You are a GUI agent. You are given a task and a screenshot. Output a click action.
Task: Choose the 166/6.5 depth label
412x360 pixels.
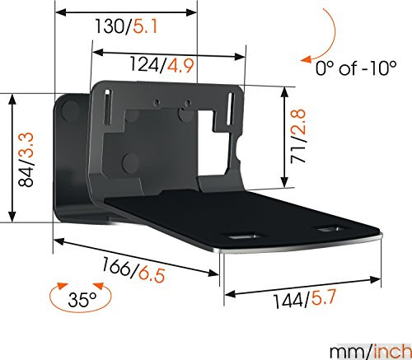[x=136, y=269]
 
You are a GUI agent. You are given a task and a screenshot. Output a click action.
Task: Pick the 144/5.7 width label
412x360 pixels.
[x=303, y=302]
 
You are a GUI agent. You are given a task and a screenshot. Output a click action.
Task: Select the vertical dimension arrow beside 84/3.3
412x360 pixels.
[x=12, y=157]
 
